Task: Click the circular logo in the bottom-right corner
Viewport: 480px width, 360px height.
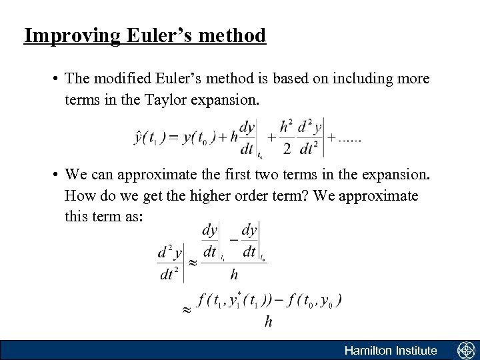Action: click(x=465, y=350)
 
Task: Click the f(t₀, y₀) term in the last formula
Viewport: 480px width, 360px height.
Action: click(x=312, y=301)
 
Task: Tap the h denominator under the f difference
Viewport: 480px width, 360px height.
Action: click(x=268, y=322)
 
